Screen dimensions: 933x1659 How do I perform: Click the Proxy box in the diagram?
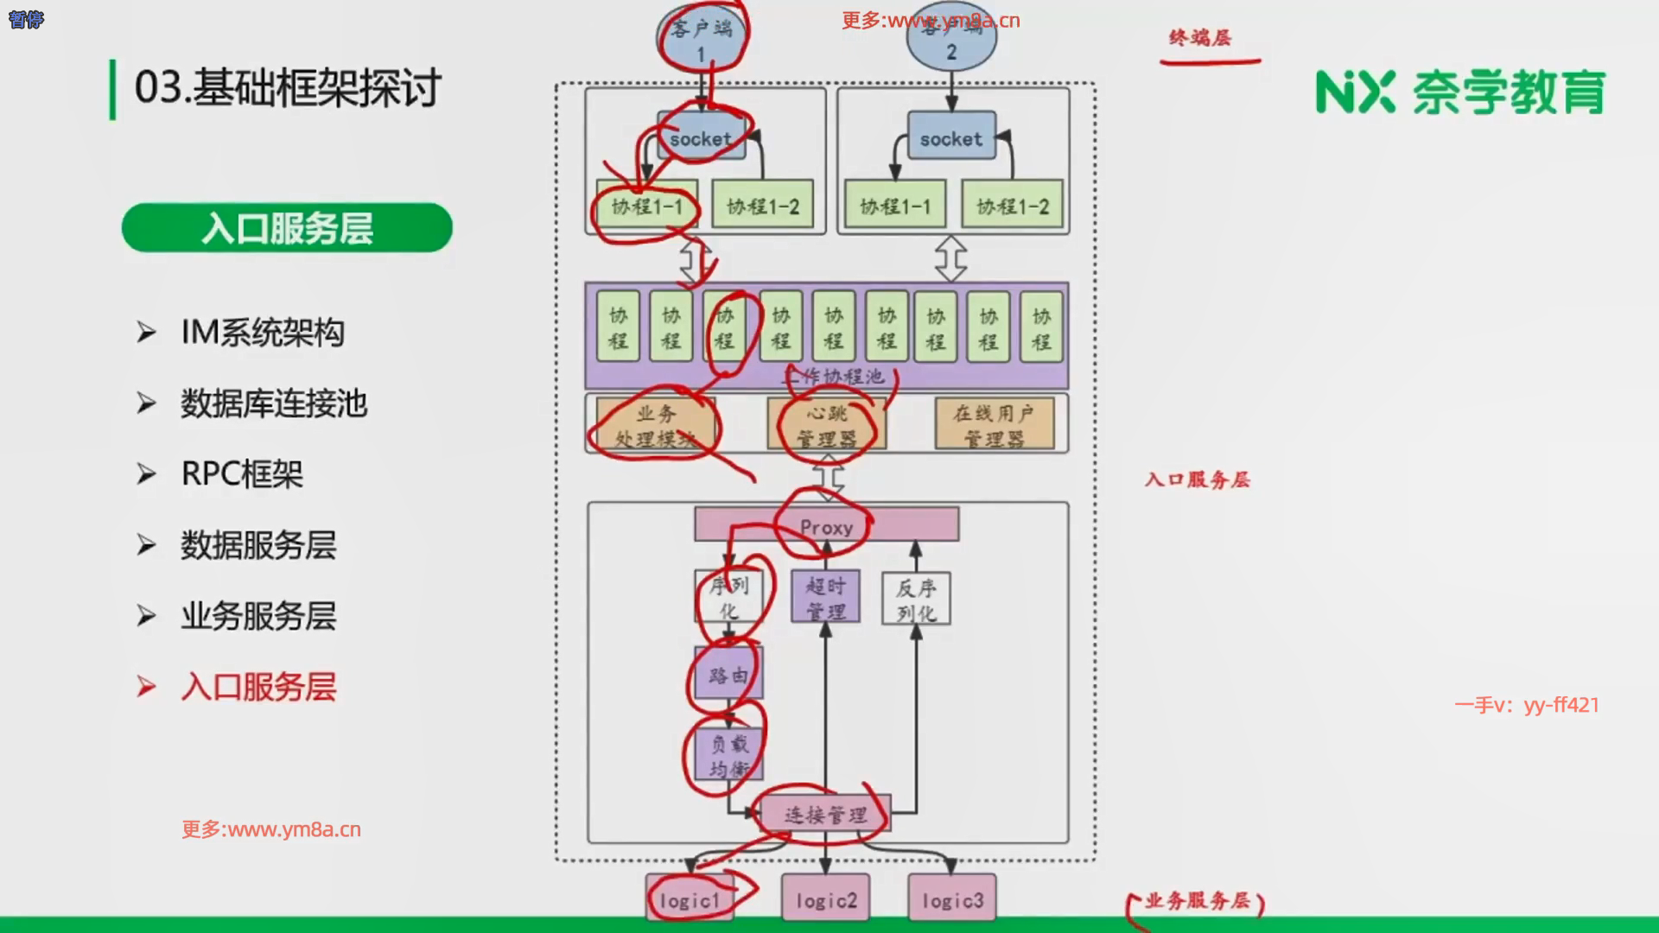[x=826, y=525]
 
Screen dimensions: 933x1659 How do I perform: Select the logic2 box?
[x=825, y=900]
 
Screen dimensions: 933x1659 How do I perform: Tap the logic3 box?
[x=951, y=900]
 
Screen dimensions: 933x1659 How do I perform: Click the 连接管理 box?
[x=825, y=815]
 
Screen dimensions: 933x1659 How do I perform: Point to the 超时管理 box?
[x=825, y=597]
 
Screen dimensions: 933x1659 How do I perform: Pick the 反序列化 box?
[x=916, y=599]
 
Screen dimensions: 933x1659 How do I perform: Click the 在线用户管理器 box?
[x=994, y=424]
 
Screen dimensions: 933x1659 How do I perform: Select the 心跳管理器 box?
[x=826, y=424]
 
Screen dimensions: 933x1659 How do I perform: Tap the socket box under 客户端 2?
[x=950, y=138]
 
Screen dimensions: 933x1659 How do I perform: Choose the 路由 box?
[x=728, y=674]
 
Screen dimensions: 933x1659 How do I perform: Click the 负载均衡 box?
[x=728, y=754]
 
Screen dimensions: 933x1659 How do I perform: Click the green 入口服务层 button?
[x=287, y=228]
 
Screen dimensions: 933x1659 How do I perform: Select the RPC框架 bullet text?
[x=242, y=474]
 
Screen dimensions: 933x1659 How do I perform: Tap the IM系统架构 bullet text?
[x=263, y=333]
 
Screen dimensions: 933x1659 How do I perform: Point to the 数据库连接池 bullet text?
[x=274, y=403]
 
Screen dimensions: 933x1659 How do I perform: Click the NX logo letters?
[x=1355, y=92]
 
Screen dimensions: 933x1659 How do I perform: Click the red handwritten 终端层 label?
[x=1199, y=38]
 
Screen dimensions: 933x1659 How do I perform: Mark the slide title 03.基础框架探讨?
[x=288, y=88]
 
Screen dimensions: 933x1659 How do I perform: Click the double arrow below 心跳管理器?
[x=828, y=476]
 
